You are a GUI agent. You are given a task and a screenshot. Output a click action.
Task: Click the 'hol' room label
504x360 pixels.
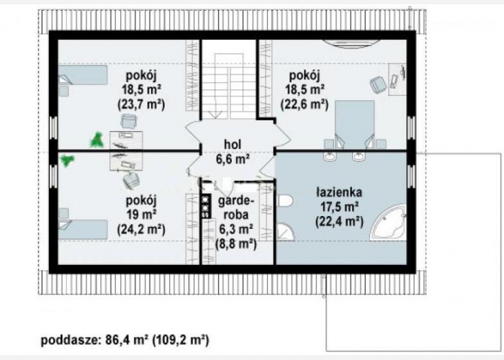point(233,145)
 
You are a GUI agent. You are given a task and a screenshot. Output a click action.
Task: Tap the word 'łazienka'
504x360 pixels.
point(339,192)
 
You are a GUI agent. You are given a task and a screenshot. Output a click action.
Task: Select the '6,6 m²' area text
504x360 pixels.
point(233,159)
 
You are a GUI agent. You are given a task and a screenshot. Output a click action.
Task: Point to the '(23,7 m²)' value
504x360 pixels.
point(141,104)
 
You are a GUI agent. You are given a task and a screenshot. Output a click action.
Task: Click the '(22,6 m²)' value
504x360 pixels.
point(305,104)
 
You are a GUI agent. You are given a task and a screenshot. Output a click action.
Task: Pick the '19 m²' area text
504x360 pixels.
point(141,215)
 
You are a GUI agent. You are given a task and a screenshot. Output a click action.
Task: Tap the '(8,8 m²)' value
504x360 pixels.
point(236,244)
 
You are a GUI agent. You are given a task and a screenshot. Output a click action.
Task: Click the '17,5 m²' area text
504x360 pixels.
point(339,207)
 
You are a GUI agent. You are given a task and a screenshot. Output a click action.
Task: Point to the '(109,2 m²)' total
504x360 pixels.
point(180,340)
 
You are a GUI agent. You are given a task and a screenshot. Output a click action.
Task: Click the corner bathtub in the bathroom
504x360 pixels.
point(389,222)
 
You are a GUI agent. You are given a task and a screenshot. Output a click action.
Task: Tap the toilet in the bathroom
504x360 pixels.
point(284,201)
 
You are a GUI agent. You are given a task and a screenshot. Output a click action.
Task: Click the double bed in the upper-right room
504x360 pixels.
point(354,125)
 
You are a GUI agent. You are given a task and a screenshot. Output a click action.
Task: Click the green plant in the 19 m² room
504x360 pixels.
point(67,160)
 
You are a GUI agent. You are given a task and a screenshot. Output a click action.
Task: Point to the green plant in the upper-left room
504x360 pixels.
point(96,140)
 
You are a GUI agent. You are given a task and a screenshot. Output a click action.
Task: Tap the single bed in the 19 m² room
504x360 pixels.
point(83,230)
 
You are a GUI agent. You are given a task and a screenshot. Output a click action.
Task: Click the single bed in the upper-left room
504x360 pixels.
point(83,75)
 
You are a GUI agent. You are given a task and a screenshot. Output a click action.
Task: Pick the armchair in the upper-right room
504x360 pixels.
point(378,84)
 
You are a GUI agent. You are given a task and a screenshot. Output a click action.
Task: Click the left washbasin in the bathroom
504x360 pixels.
point(330,156)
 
